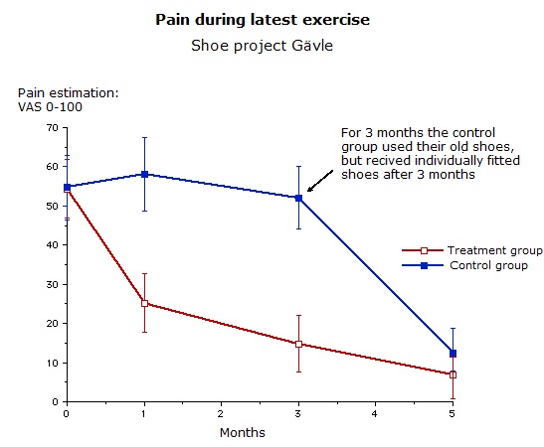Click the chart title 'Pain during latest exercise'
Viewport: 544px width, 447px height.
click(x=263, y=20)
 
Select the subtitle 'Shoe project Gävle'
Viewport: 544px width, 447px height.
click(x=262, y=46)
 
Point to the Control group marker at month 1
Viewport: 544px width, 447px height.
click(x=144, y=174)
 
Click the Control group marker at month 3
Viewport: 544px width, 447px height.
click(x=298, y=198)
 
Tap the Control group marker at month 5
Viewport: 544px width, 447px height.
click(x=453, y=354)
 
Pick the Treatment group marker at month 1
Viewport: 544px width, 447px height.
click(x=144, y=304)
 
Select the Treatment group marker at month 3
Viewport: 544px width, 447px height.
click(x=298, y=344)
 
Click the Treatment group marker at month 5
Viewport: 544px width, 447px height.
click(x=453, y=374)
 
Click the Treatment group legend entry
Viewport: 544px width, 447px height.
click(x=471, y=250)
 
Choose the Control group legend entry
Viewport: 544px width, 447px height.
click(x=464, y=265)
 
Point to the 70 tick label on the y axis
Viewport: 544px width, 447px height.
click(x=52, y=128)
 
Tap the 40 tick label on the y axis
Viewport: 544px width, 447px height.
click(x=52, y=245)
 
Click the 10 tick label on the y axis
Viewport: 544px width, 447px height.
click(x=52, y=364)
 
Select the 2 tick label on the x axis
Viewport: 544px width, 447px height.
click(x=221, y=414)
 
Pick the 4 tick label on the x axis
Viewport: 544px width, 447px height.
click(x=375, y=414)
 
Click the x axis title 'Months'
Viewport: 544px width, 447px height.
click(x=243, y=433)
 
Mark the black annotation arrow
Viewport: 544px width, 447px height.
click(x=320, y=181)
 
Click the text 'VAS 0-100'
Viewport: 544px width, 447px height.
click(x=50, y=107)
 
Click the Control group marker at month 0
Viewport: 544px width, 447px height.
click(x=67, y=187)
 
